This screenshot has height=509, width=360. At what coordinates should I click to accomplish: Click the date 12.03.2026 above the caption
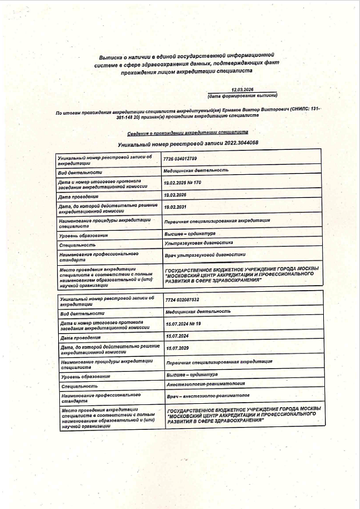click(x=243, y=89)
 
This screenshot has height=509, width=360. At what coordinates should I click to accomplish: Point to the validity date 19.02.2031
click(x=175, y=207)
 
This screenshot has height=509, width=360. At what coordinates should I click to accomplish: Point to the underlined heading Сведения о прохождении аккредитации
click(x=176, y=133)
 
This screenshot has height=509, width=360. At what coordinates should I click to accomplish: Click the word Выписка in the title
click(x=111, y=58)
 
